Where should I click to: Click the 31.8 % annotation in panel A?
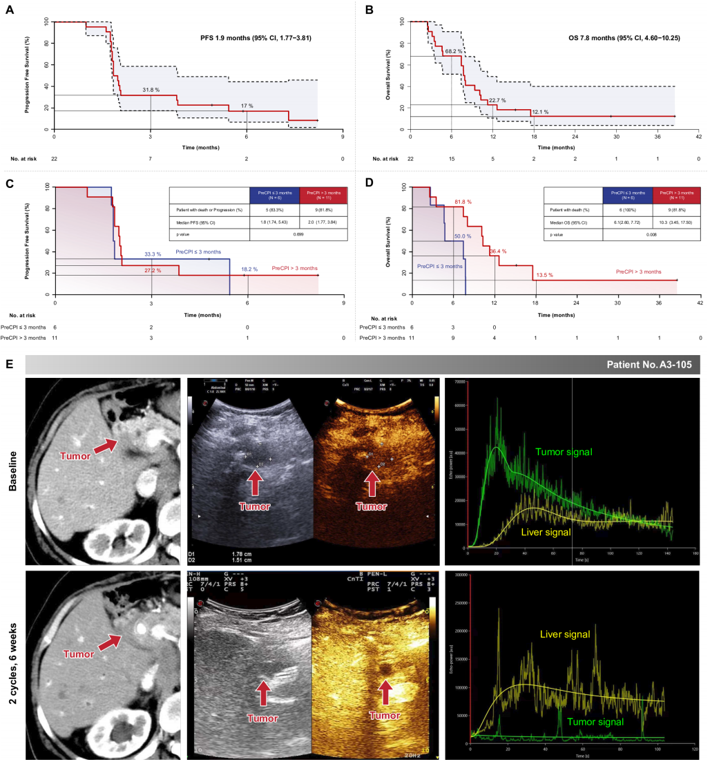(151, 89)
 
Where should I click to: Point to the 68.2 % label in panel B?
(454, 51)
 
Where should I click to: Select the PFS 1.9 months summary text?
(251, 37)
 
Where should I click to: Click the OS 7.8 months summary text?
(606, 37)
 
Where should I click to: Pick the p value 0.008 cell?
(651, 235)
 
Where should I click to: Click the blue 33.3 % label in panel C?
(153, 254)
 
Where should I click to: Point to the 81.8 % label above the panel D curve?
(462, 202)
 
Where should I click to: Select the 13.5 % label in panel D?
(546, 275)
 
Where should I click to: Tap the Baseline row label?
(13, 469)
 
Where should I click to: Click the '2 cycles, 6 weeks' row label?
(13, 662)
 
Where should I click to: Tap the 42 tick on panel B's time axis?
(700, 137)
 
